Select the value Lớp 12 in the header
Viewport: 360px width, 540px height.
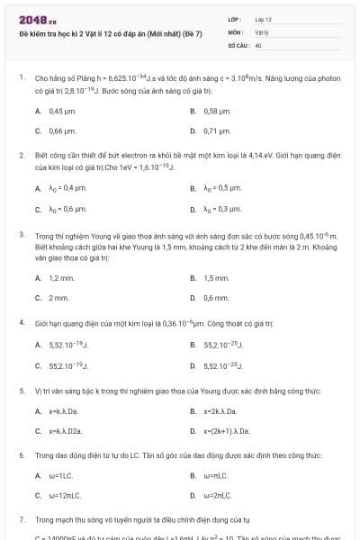point(263,19)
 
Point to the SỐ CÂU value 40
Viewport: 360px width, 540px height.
point(258,44)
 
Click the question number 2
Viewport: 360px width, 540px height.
point(21,155)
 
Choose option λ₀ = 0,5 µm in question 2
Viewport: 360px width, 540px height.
point(222,189)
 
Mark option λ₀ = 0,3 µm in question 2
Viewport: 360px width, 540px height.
point(222,209)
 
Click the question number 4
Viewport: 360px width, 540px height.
point(21,321)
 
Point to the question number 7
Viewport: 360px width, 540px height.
point(21,519)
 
